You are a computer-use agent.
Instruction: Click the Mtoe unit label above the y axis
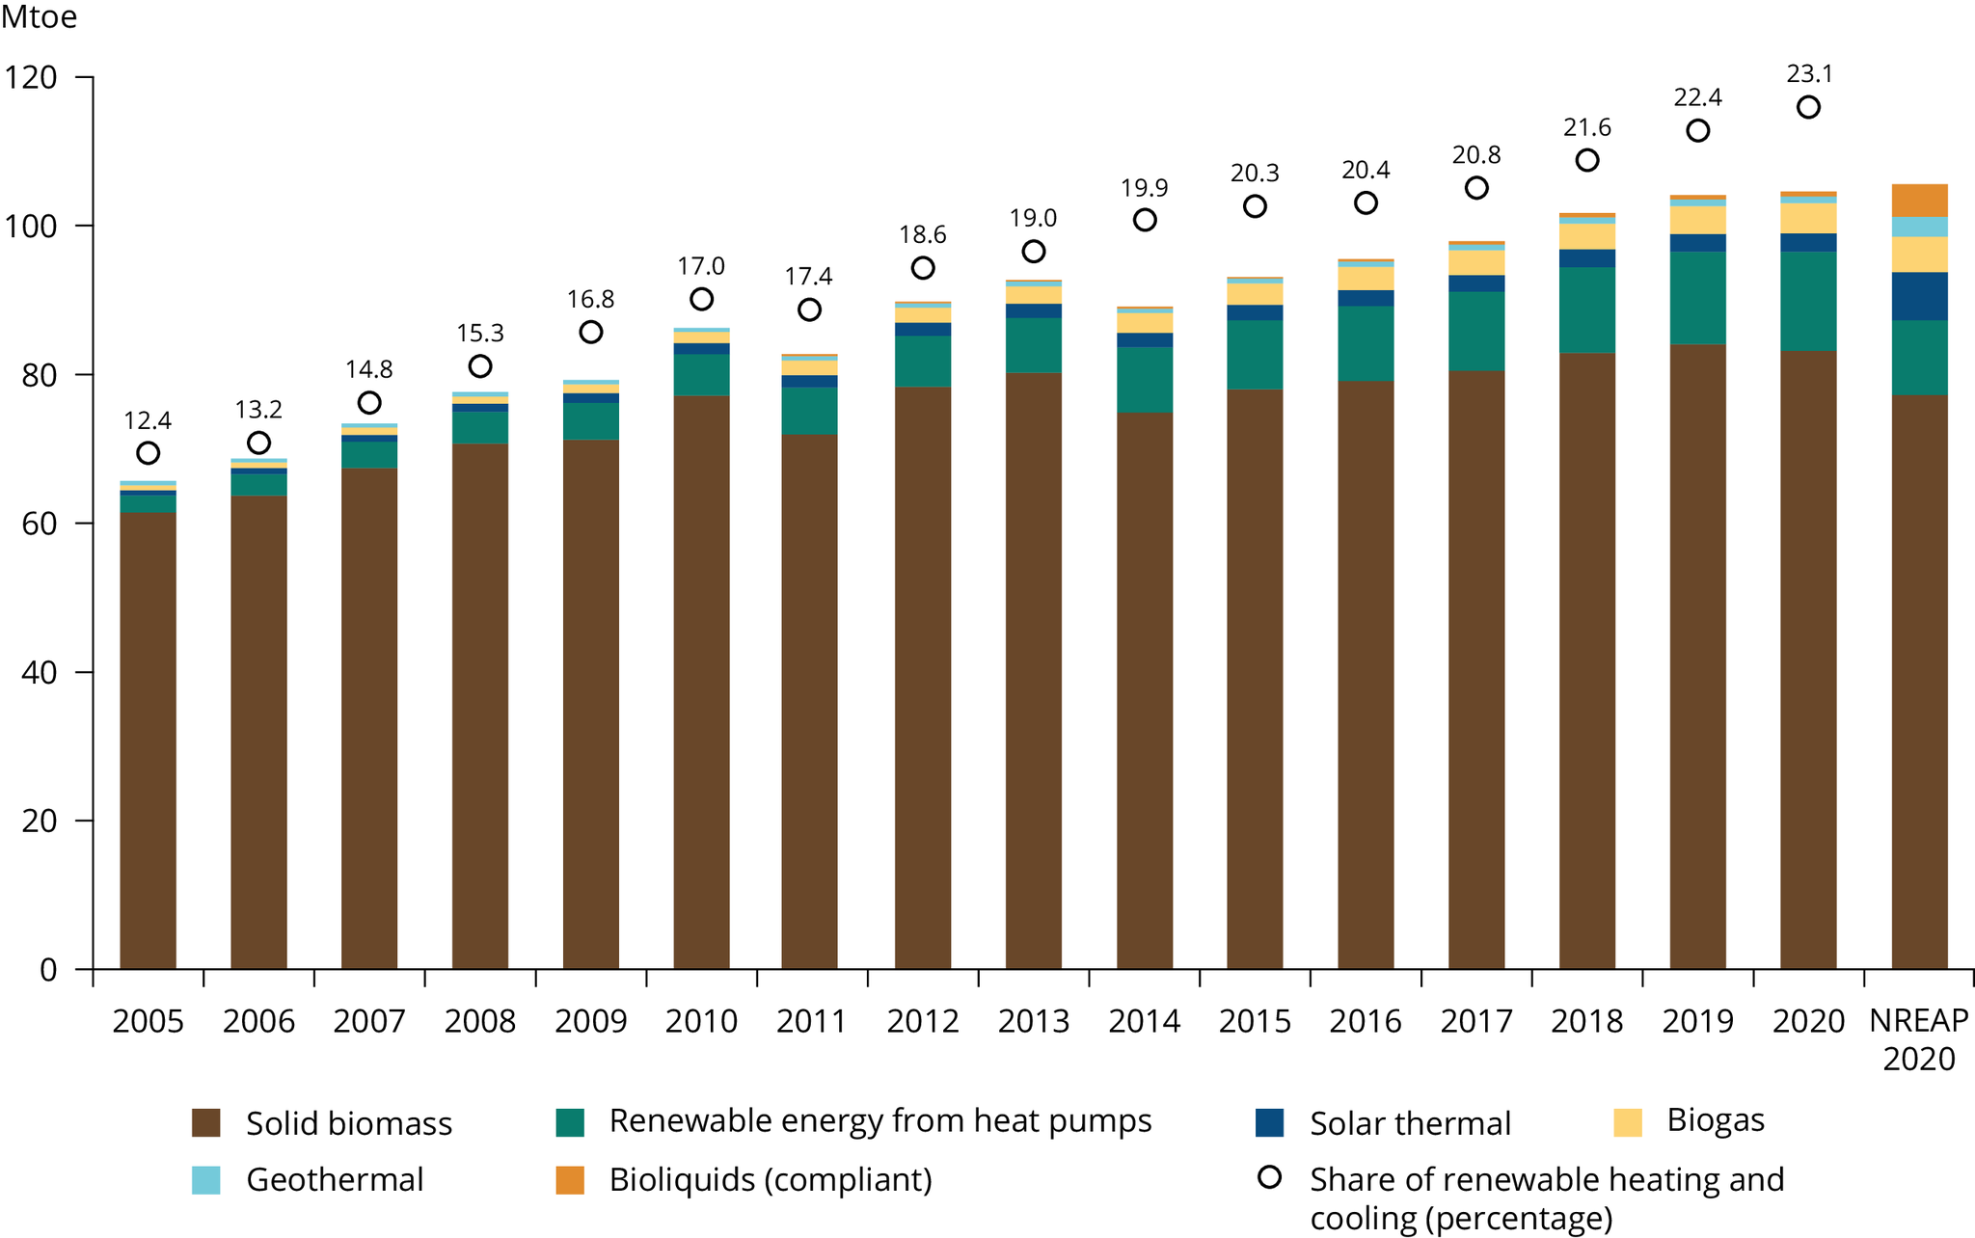pyautogui.click(x=40, y=17)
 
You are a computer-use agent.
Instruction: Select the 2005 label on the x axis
pyautogui.click(x=148, y=1021)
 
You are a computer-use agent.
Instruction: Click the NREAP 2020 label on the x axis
pyautogui.click(x=1919, y=1039)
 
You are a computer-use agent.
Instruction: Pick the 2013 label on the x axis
pyautogui.click(x=1034, y=1021)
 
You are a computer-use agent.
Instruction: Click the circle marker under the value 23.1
pyautogui.click(x=1808, y=107)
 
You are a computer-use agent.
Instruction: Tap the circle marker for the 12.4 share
pyautogui.click(x=148, y=453)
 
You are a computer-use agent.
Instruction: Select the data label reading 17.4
pyautogui.click(x=808, y=277)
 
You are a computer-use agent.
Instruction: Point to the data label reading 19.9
pyautogui.click(x=1144, y=188)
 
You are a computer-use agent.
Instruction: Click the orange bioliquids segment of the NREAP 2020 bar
pyautogui.click(x=1919, y=201)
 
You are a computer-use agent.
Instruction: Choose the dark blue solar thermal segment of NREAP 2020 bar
pyautogui.click(x=1919, y=296)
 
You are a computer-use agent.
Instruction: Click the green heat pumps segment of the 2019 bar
pyautogui.click(x=1697, y=298)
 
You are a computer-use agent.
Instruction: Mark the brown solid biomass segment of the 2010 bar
pyautogui.click(x=701, y=675)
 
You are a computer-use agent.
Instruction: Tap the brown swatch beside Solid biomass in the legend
pyautogui.click(x=205, y=1123)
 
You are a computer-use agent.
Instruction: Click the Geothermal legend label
pyautogui.click(x=335, y=1180)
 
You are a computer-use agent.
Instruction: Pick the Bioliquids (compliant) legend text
pyautogui.click(x=771, y=1180)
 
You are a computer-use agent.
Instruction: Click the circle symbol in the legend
pyautogui.click(x=1270, y=1177)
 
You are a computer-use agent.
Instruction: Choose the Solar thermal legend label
pyautogui.click(x=1410, y=1123)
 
